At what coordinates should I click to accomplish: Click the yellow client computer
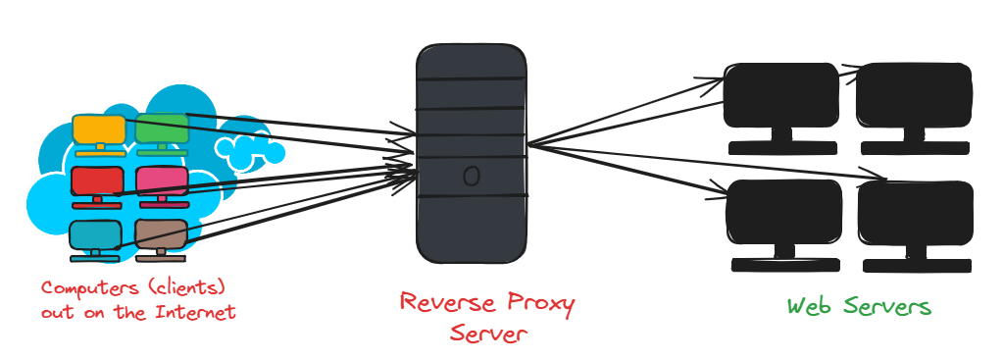(x=99, y=129)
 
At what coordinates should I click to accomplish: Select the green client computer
(x=160, y=128)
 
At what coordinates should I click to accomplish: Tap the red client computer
(x=97, y=180)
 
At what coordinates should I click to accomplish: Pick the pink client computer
(x=161, y=180)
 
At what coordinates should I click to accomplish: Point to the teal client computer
(x=96, y=234)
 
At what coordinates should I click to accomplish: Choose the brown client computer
(x=160, y=233)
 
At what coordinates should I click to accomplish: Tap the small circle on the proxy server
(x=471, y=177)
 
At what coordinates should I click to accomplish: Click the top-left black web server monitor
(x=781, y=96)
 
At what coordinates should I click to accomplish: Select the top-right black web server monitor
(x=914, y=96)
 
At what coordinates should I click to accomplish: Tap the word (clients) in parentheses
(x=188, y=289)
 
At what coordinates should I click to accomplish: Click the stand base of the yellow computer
(x=99, y=153)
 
